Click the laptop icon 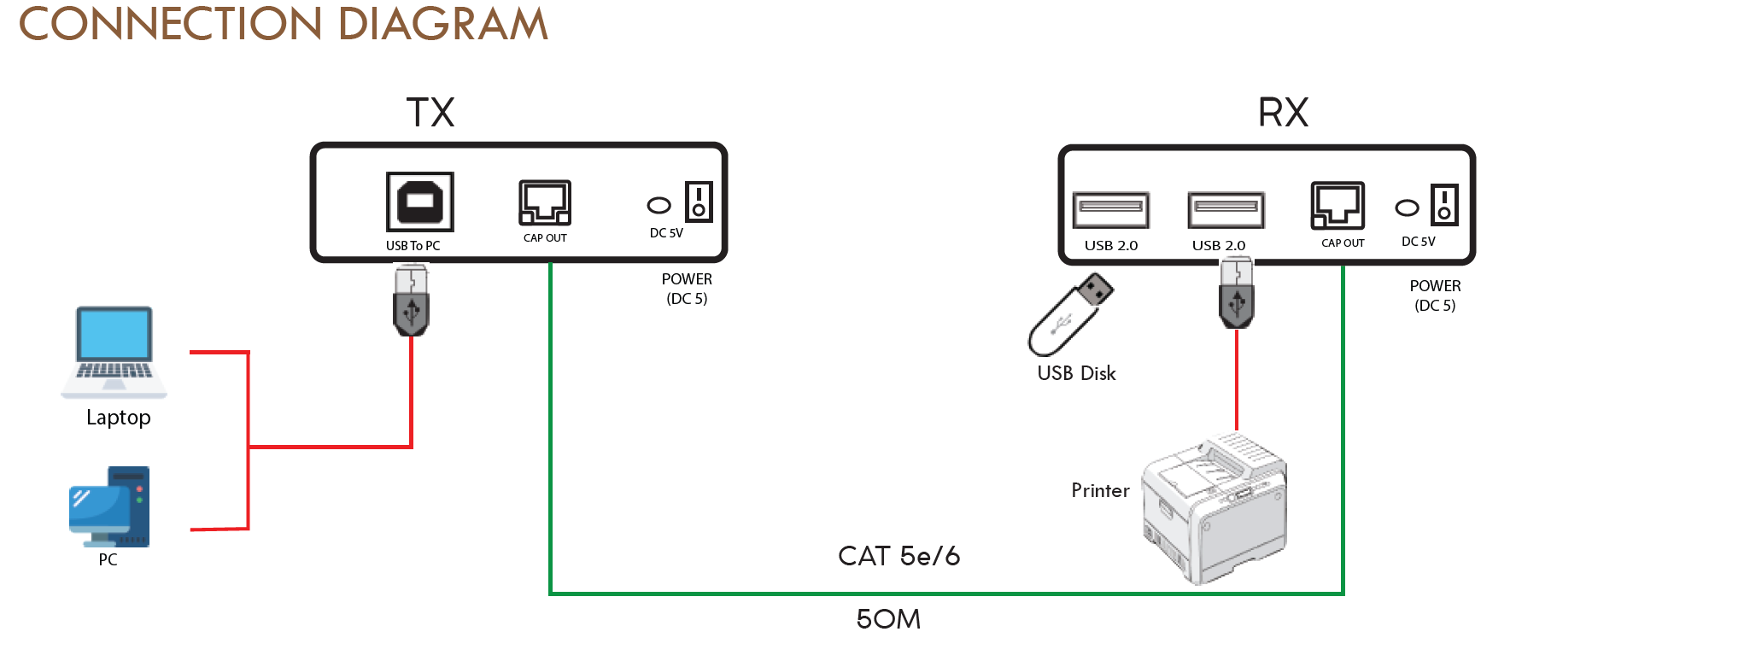click(114, 351)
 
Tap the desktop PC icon click(109, 506)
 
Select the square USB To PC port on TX click(419, 202)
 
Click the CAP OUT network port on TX click(545, 202)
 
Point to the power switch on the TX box click(699, 202)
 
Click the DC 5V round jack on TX click(658, 205)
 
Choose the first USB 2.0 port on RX click(1110, 209)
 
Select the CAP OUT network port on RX click(1337, 206)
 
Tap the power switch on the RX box click(1444, 205)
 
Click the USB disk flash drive click(1071, 313)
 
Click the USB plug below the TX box click(411, 300)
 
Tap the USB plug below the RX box click(1236, 293)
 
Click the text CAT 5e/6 click(898, 556)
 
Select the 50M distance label click(888, 619)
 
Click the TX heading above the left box click(430, 113)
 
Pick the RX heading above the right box click(1283, 113)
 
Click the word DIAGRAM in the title click(442, 24)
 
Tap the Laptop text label click(119, 418)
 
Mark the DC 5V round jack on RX click(1407, 208)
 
